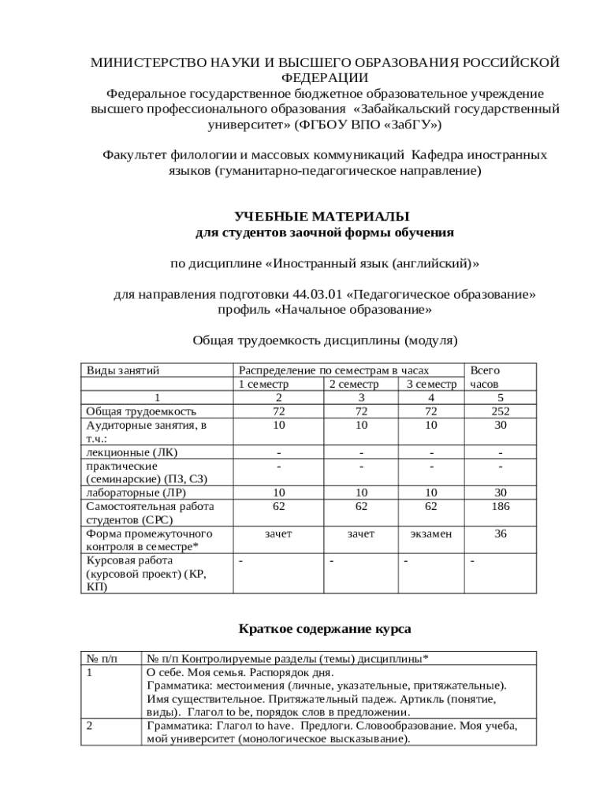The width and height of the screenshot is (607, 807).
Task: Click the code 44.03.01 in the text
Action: point(323,294)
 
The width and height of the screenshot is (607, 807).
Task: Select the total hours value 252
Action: point(500,411)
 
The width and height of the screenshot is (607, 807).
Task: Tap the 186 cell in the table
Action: point(500,506)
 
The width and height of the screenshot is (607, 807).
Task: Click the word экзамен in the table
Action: point(431,534)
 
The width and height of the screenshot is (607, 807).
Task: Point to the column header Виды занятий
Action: point(123,370)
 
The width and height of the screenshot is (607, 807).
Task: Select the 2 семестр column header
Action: point(354,384)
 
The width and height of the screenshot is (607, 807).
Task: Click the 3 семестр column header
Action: point(431,384)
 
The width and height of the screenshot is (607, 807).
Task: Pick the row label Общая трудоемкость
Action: point(142,411)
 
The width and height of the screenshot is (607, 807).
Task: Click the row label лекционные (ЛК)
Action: point(132,452)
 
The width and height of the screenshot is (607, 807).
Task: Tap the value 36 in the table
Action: point(500,534)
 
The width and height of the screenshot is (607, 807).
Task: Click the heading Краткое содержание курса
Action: point(325,630)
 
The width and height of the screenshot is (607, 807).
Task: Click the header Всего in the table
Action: point(485,370)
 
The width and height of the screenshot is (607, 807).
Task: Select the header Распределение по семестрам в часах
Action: point(333,370)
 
